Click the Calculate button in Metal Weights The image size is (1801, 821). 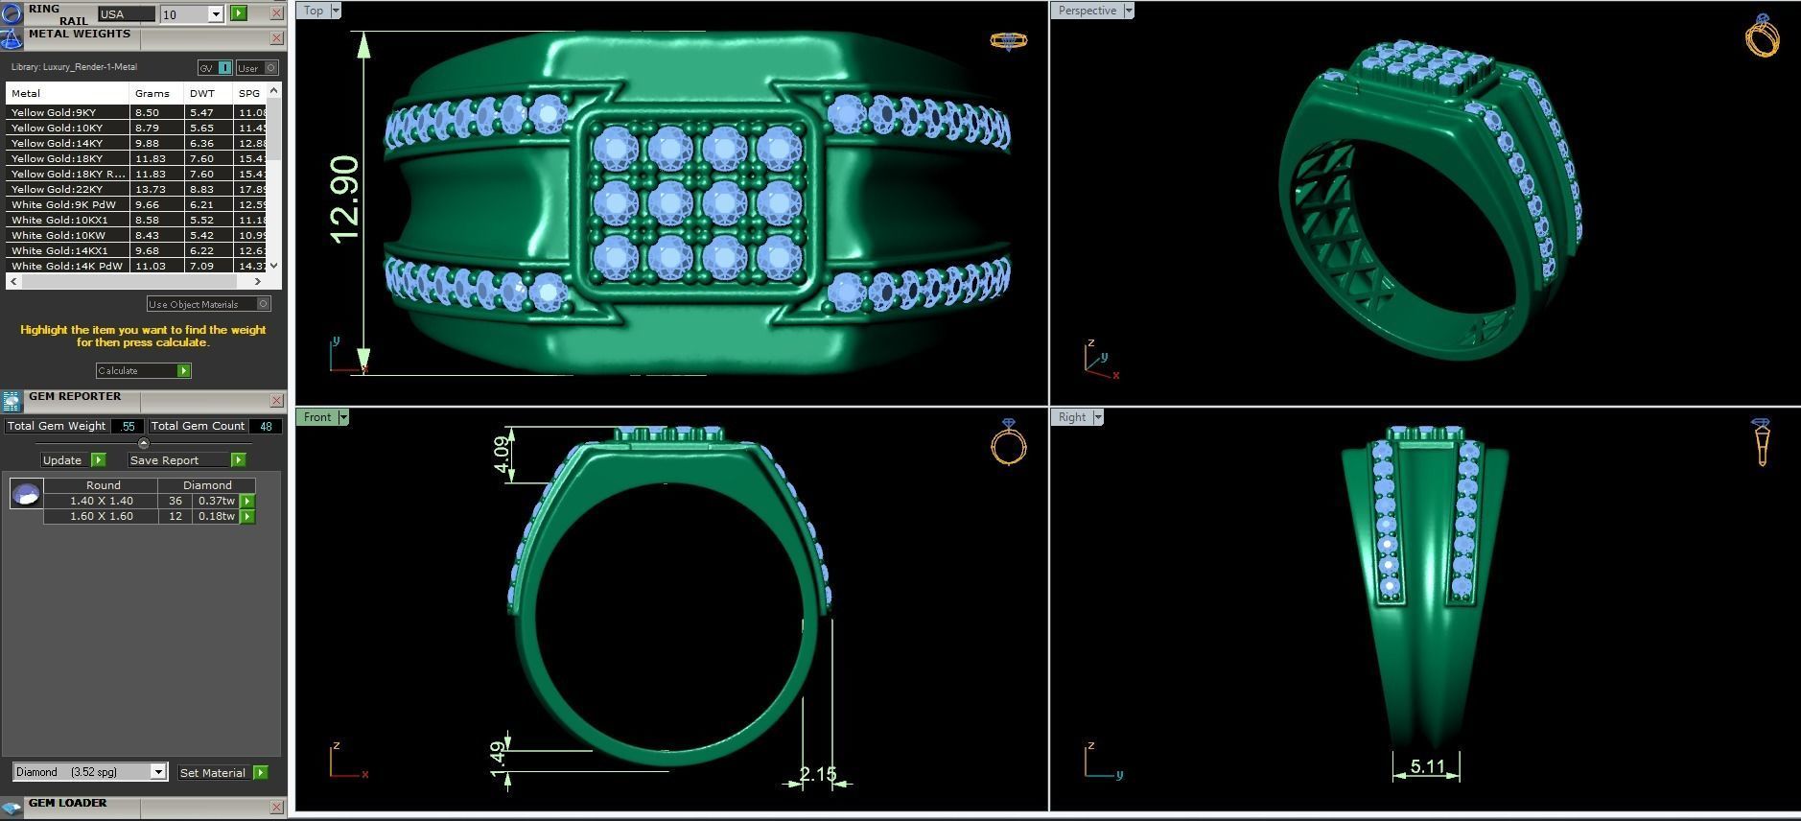(142, 370)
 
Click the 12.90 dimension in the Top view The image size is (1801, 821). (344, 199)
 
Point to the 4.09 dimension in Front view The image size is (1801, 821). (502, 455)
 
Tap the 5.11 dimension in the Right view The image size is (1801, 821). (1427, 766)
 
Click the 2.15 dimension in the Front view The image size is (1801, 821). (817, 774)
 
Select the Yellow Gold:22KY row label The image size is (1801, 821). (57, 189)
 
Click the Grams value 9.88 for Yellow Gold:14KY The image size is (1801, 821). (147, 143)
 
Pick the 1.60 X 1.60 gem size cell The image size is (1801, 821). (101, 516)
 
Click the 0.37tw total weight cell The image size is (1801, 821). (216, 501)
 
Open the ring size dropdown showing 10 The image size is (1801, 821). (216, 14)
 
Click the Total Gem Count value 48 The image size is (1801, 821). (266, 426)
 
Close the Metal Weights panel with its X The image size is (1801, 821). (277, 38)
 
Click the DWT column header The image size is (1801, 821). (201, 93)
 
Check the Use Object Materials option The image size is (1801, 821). (264, 304)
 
